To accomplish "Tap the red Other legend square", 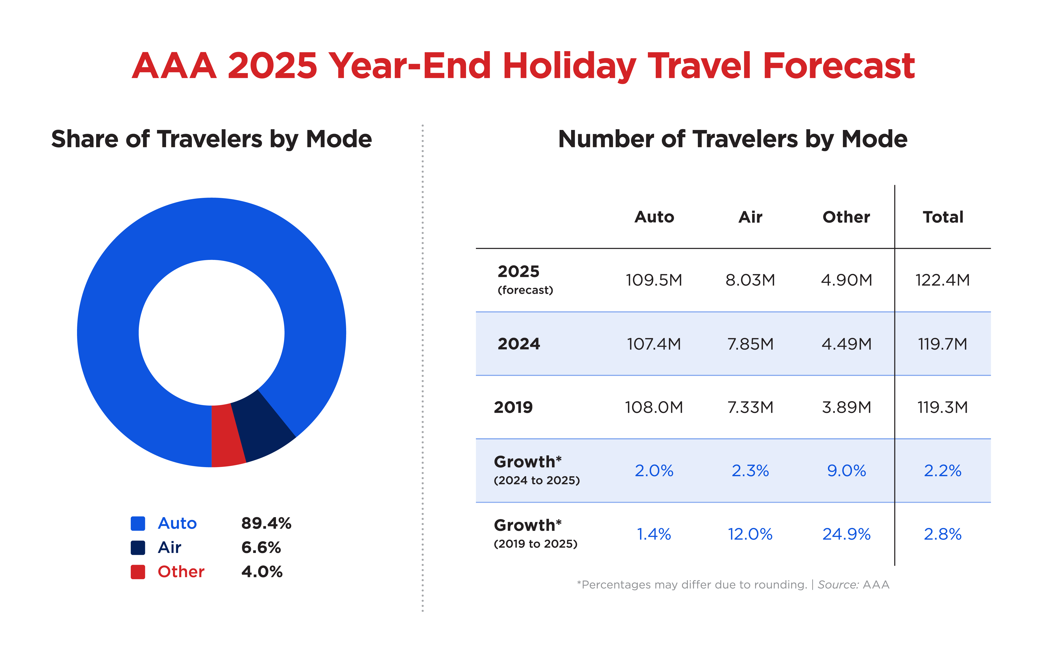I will tap(138, 572).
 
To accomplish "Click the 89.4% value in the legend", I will tap(266, 523).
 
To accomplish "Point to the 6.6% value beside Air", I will tap(261, 548).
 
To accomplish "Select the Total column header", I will tap(943, 217).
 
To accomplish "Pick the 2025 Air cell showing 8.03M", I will tap(750, 280).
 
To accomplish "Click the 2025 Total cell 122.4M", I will tap(942, 280).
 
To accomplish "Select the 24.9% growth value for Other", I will tap(846, 534).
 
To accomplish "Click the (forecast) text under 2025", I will tap(525, 290).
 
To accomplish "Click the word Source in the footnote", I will tap(838, 585).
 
